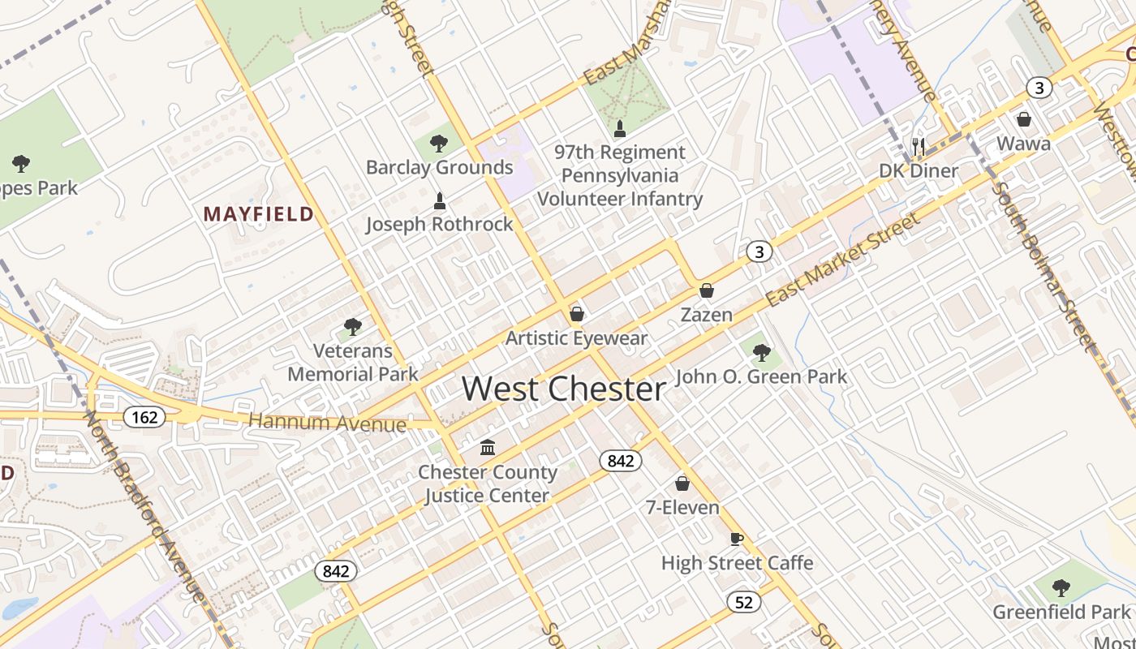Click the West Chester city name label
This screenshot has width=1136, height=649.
[564, 389]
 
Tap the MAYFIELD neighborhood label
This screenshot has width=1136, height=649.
[258, 214]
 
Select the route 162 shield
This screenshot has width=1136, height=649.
[144, 417]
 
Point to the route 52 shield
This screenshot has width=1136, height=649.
[743, 601]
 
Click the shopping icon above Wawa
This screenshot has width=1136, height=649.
[1024, 119]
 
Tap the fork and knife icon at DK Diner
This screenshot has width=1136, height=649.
[919, 146]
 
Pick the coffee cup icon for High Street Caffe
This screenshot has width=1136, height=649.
[737, 539]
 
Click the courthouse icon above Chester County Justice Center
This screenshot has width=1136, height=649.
[488, 447]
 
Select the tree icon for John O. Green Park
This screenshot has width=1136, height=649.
[761, 352]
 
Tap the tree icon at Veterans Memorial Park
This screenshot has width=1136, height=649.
[353, 327]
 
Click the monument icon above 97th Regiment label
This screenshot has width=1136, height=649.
[620, 127]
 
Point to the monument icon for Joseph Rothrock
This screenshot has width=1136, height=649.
[440, 200]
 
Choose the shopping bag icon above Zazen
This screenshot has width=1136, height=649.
[707, 290]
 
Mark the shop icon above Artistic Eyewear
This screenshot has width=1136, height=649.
[577, 313]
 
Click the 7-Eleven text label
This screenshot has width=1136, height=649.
[682, 508]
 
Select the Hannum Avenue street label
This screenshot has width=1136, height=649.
[327, 423]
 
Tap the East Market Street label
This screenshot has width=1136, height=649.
[844, 259]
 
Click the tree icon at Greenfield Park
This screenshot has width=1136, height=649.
[1061, 587]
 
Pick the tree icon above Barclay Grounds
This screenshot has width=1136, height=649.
[439, 144]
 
